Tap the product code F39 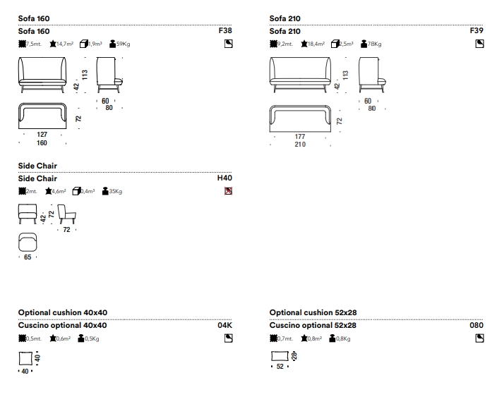[477, 32]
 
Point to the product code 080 [477, 326]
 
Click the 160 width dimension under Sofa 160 [42, 143]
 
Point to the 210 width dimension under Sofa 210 [300, 145]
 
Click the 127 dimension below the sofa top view [42, 134]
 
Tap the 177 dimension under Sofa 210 [300, 136]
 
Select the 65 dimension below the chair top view [28, 258]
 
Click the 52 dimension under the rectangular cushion [280, 367]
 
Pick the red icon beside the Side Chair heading [228, 190]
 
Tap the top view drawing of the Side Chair [28, 241]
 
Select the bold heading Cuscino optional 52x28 [313, 326]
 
